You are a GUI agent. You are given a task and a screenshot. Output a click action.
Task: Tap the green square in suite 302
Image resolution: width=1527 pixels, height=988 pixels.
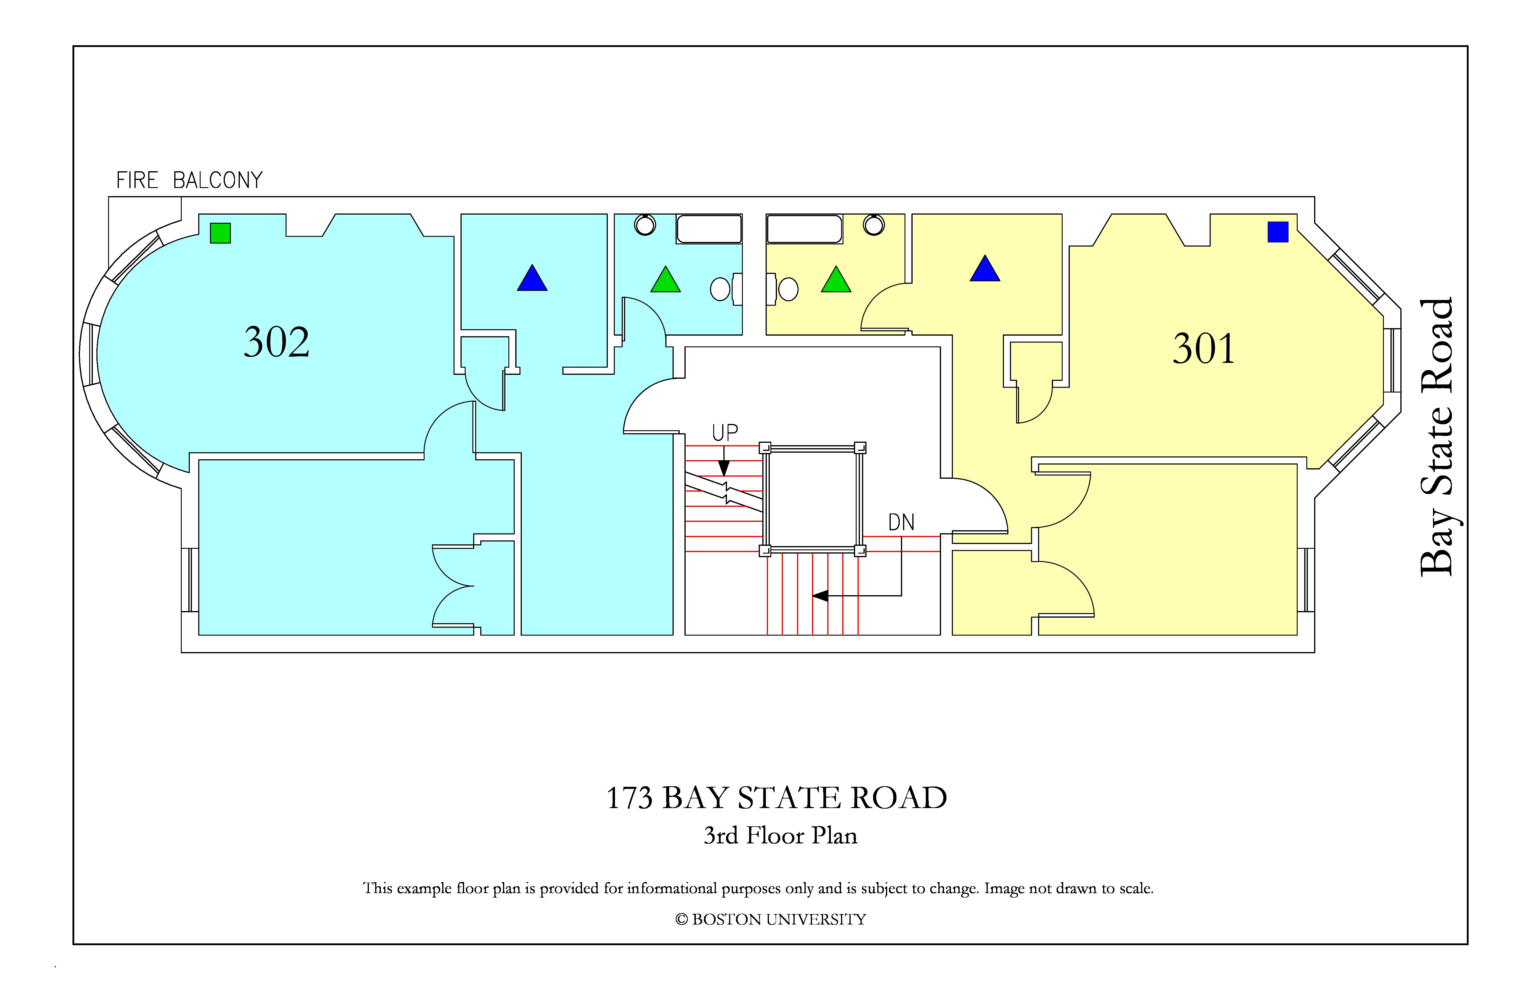[220, 233]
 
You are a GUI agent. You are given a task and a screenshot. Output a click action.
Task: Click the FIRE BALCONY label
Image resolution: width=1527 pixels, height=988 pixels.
[189, 180]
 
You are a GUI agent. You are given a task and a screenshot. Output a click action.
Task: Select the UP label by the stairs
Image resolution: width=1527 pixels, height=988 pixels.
[725, 433]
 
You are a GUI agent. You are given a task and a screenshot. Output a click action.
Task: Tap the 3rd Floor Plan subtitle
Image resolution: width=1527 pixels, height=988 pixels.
[780, 835]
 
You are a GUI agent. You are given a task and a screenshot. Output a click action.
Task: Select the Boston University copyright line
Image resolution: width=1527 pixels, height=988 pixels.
[771, 919]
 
